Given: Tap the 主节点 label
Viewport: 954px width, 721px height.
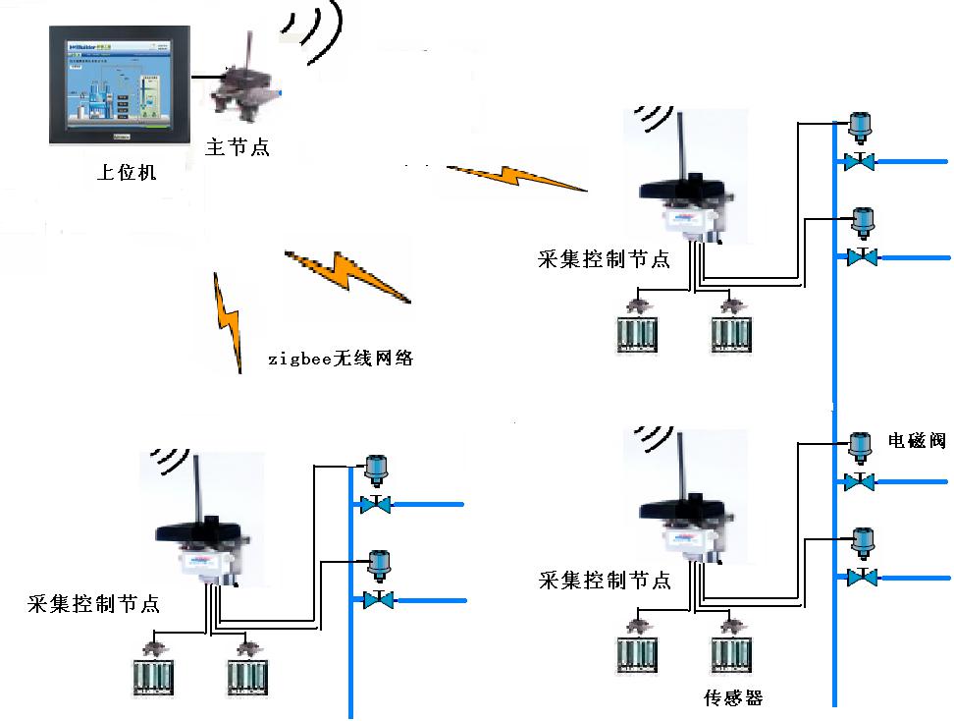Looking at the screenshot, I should tap(237, 147).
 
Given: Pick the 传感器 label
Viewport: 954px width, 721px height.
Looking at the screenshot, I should tap(733, 698).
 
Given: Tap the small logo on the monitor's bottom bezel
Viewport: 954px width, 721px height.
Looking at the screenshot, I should tap(121, 138).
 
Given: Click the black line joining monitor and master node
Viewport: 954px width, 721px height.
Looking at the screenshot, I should tap(205, 75).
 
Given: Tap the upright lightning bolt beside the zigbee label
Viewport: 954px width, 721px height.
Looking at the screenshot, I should tap(230, 323).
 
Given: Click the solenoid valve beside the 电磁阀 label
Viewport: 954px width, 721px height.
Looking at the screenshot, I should tap(860, 447).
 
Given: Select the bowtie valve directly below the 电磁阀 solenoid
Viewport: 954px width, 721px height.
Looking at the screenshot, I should tap(861, 482).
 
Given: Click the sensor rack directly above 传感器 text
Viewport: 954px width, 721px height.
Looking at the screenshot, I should tap(731, 655).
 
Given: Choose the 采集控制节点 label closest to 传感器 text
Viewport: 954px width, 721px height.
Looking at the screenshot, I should tap(605, 581).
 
